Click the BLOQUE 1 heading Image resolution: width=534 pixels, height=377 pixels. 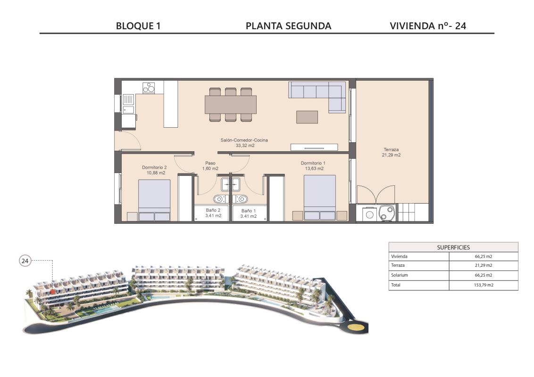pos(138,26)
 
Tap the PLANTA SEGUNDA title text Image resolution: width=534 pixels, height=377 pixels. pos(288,26)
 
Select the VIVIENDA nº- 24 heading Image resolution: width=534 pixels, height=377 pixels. pos(428,26)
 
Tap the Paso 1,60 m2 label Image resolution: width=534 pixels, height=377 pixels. pos(210,166)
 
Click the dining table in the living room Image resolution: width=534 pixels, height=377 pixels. pos(231,105)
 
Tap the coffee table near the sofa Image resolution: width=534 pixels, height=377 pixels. pos(307,117)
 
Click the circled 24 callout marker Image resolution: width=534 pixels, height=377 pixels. pos(25,261)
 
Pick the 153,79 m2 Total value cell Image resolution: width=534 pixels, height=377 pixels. pos(484,285)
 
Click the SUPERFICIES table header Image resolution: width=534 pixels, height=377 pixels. pos(453,247)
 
